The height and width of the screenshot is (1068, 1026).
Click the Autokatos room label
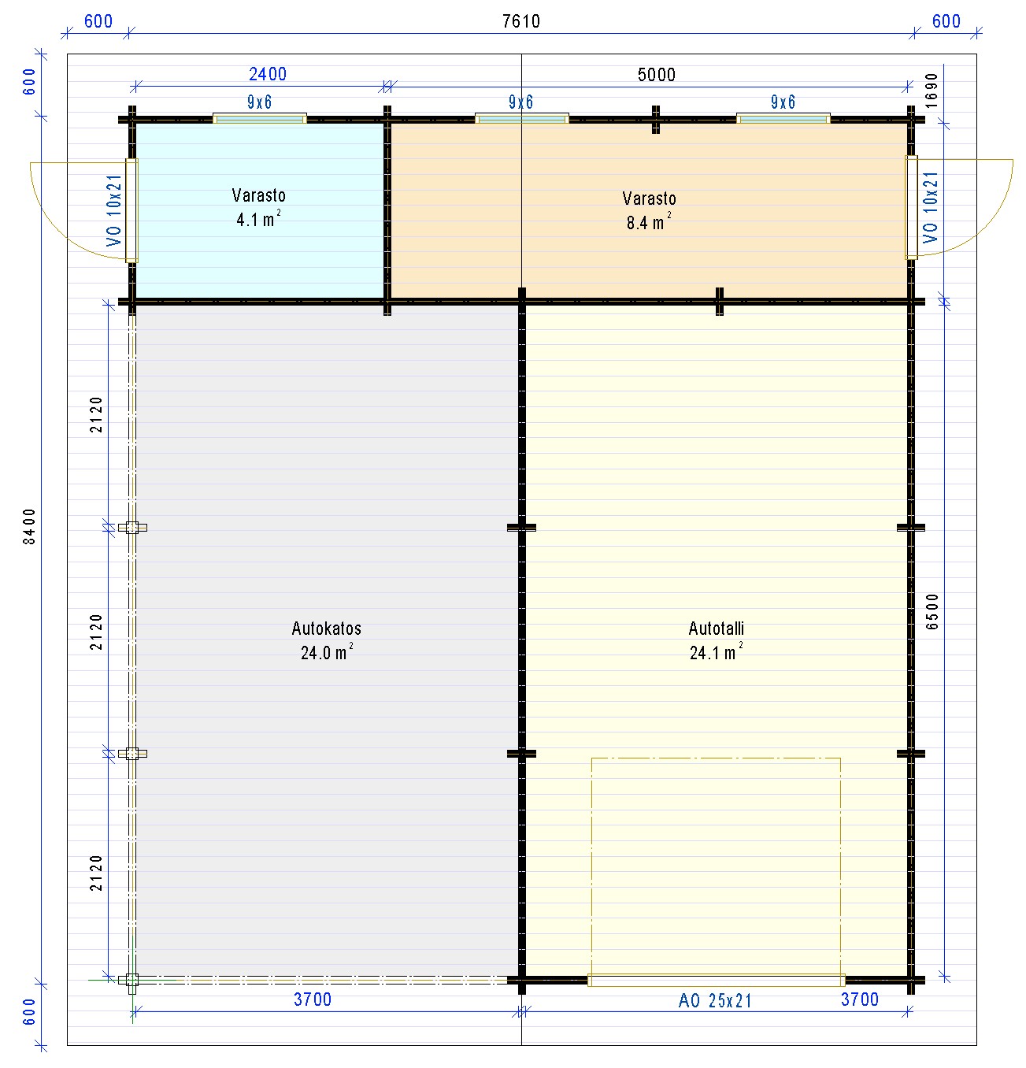tap(327, 628)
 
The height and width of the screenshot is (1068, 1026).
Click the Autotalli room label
tap(716, 628)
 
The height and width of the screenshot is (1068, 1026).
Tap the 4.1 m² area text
tap(258, 219)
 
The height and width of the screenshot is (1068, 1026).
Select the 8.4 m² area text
tap(649, 222)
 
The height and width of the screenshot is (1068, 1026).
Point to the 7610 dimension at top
tap(521, 21)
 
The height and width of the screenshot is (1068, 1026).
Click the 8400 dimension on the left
tap(29, 526)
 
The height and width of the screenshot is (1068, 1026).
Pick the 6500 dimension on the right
tap(932, 611)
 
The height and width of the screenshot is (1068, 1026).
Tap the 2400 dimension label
tap(268, 74)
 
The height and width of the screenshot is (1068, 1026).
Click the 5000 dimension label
tap(656, 75)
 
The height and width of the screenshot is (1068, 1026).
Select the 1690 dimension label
tap(932, 91)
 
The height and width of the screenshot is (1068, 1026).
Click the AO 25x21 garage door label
tap(715, 1000)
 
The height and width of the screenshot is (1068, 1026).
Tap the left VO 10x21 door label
tap(113, 211)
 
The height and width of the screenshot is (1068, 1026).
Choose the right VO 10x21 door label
tap(931, 207)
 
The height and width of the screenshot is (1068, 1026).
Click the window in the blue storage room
tap(260, 119)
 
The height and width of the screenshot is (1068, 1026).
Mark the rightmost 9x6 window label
tap(783, 102)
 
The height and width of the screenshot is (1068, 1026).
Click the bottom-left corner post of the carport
tap(132, 980)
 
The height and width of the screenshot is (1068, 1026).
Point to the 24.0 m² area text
tap(327, 652)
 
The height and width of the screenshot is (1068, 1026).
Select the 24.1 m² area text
tap(716, 652)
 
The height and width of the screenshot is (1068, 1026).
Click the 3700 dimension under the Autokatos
tap(313, 999)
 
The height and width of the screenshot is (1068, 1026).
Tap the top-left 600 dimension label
tap(98, 21)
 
